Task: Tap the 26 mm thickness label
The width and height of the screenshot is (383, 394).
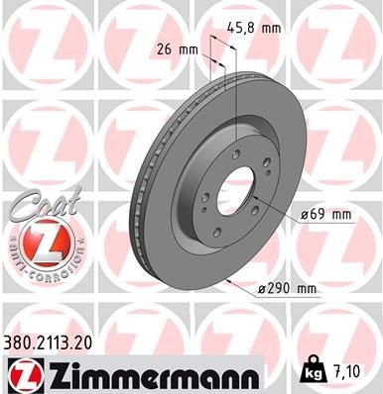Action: [179, 49]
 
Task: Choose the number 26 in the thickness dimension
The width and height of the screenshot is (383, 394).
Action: [166, 49]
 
